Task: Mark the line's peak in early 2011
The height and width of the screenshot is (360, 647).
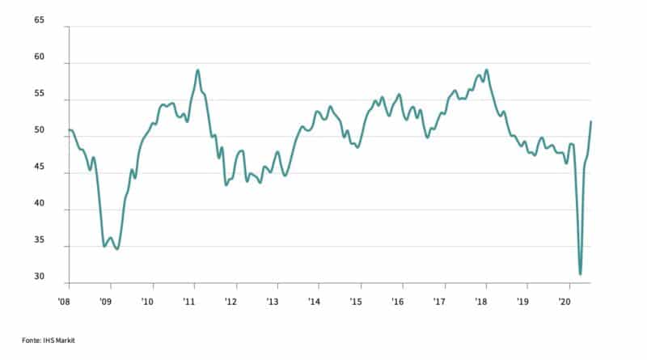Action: click(x=197, y=70)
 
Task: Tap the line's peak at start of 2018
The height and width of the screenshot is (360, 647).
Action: click(x=486, y=70)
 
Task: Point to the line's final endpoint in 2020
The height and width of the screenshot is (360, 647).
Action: click(x=591, y=121)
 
